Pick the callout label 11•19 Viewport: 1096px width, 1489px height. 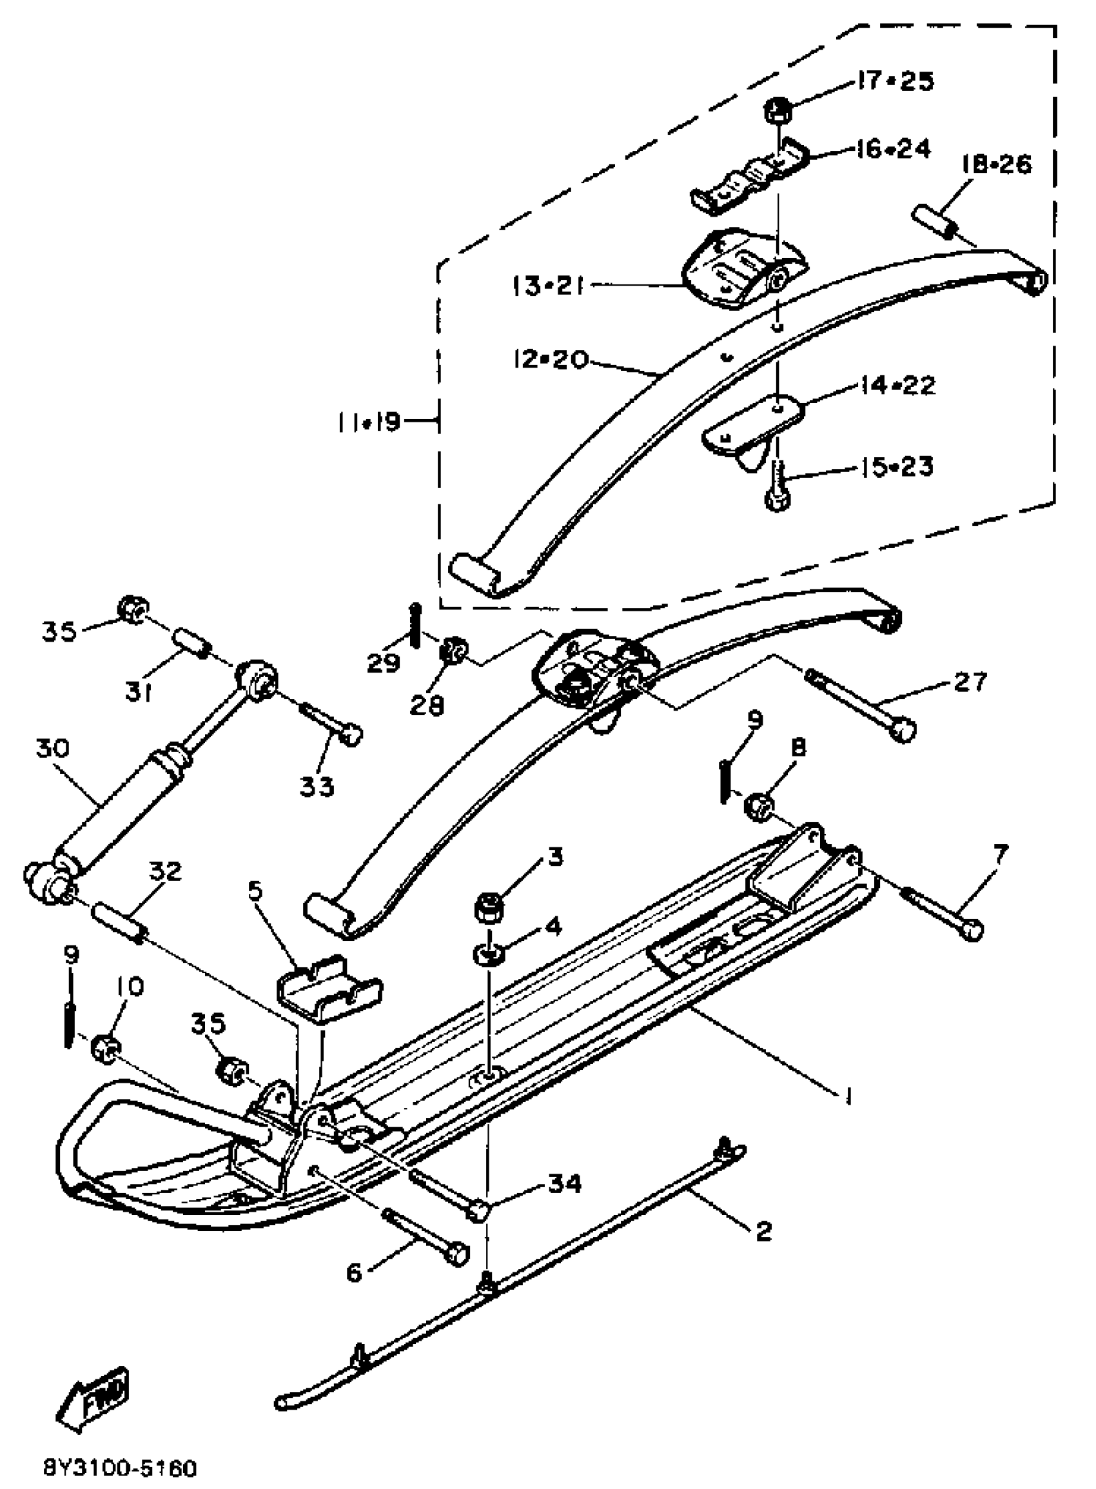click(367, 420)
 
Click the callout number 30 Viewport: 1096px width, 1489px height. click(52, 749)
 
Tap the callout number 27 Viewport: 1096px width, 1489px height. click(970, 682)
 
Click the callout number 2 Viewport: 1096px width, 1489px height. click(763, 1231)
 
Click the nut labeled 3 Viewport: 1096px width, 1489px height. click(489, 909)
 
